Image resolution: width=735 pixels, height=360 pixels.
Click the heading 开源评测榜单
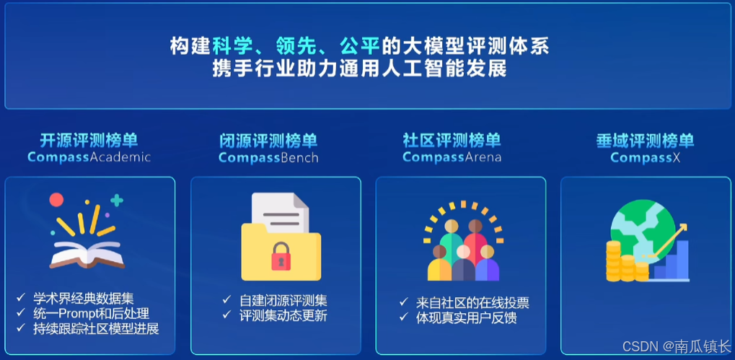(89, 140)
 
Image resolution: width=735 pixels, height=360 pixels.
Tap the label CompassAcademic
(89, 157)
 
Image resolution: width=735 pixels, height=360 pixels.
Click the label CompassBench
(268, 157)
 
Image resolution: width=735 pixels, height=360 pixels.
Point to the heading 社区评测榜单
(452, 140)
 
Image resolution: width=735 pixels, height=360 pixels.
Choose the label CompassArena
(452, 157)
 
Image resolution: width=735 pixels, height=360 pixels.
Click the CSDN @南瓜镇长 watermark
(677, 346)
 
